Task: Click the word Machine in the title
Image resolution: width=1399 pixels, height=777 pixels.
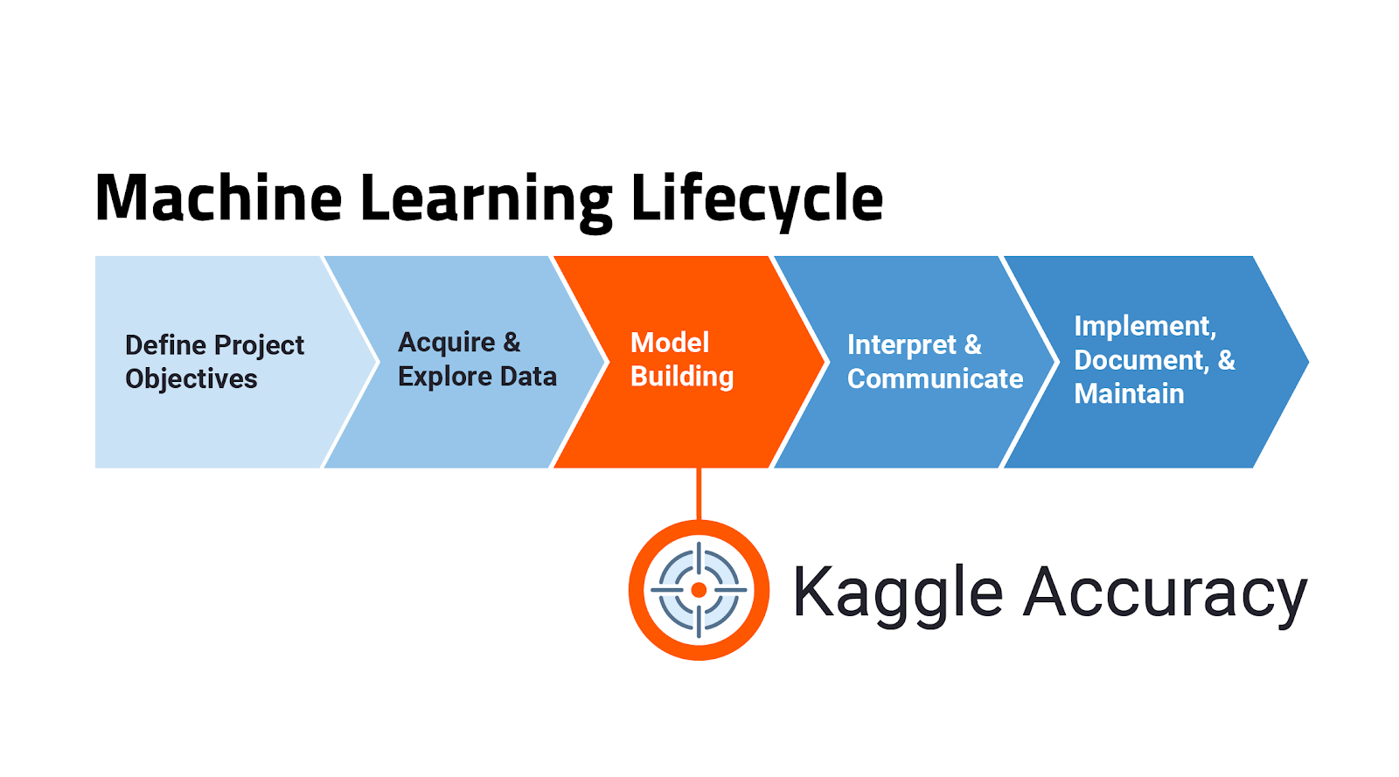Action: coord(219,198)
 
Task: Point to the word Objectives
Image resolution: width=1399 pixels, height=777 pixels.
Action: coord(191,379)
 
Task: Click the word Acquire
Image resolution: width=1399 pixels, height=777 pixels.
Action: coord(447,343)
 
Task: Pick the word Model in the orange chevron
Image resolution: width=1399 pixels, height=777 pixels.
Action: coord(670,343)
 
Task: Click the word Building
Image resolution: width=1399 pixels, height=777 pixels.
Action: coord(682,377)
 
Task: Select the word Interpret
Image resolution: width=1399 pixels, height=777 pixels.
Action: coord(901,345)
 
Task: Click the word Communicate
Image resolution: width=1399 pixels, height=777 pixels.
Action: coord(935,378)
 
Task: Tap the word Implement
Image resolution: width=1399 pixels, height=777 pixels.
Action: coord(1145,327)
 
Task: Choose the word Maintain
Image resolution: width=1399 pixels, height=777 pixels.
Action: coord(1129,394)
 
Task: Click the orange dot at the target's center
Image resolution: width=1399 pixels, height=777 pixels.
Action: coord(699,590)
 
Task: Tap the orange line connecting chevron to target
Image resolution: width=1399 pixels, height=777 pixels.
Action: coord(699,495)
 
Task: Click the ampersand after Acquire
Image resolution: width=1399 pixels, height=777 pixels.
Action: coord(512,343)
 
